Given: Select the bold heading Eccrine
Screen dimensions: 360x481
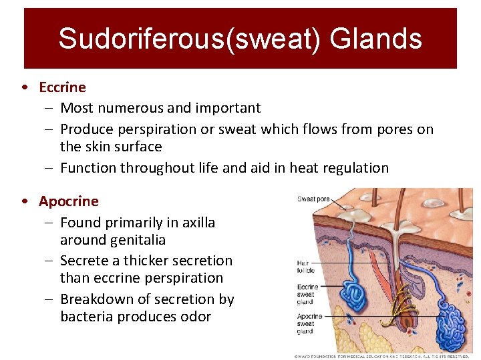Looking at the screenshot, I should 62,87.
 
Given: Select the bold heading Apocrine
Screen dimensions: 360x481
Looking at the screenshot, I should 68,201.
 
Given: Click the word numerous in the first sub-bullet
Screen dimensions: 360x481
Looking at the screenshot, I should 127,108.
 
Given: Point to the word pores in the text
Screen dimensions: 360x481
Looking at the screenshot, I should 390,129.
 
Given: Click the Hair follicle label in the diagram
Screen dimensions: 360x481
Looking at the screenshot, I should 305,267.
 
